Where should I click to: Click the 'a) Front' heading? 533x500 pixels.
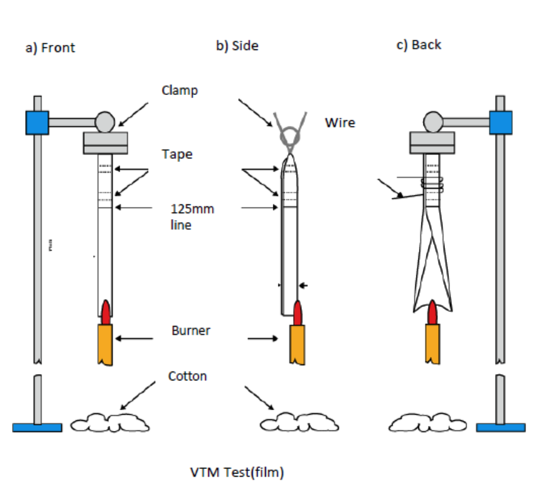tap(50, 47)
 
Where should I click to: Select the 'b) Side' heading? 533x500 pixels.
tap(237, 46)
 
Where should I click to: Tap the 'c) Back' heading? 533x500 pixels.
tap(418, 45)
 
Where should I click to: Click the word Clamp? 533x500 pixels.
tap(180, 91)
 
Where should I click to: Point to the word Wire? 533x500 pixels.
tap(340, 123)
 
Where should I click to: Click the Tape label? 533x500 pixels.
tap(177, 154)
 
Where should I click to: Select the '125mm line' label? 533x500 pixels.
tap(192, 216)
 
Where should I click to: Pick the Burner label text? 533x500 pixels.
tap(191, 330)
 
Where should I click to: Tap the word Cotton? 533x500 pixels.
tap(187, 376)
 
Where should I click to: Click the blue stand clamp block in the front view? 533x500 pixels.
tap(37, 122)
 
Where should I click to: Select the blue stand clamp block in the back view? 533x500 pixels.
tap(500, 122)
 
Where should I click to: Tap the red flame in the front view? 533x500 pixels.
tap(106, 312)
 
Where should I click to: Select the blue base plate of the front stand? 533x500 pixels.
tap(37, 427)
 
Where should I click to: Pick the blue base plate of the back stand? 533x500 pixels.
tap(501, 427)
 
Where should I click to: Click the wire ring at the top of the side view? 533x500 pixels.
tap(290, 136)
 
